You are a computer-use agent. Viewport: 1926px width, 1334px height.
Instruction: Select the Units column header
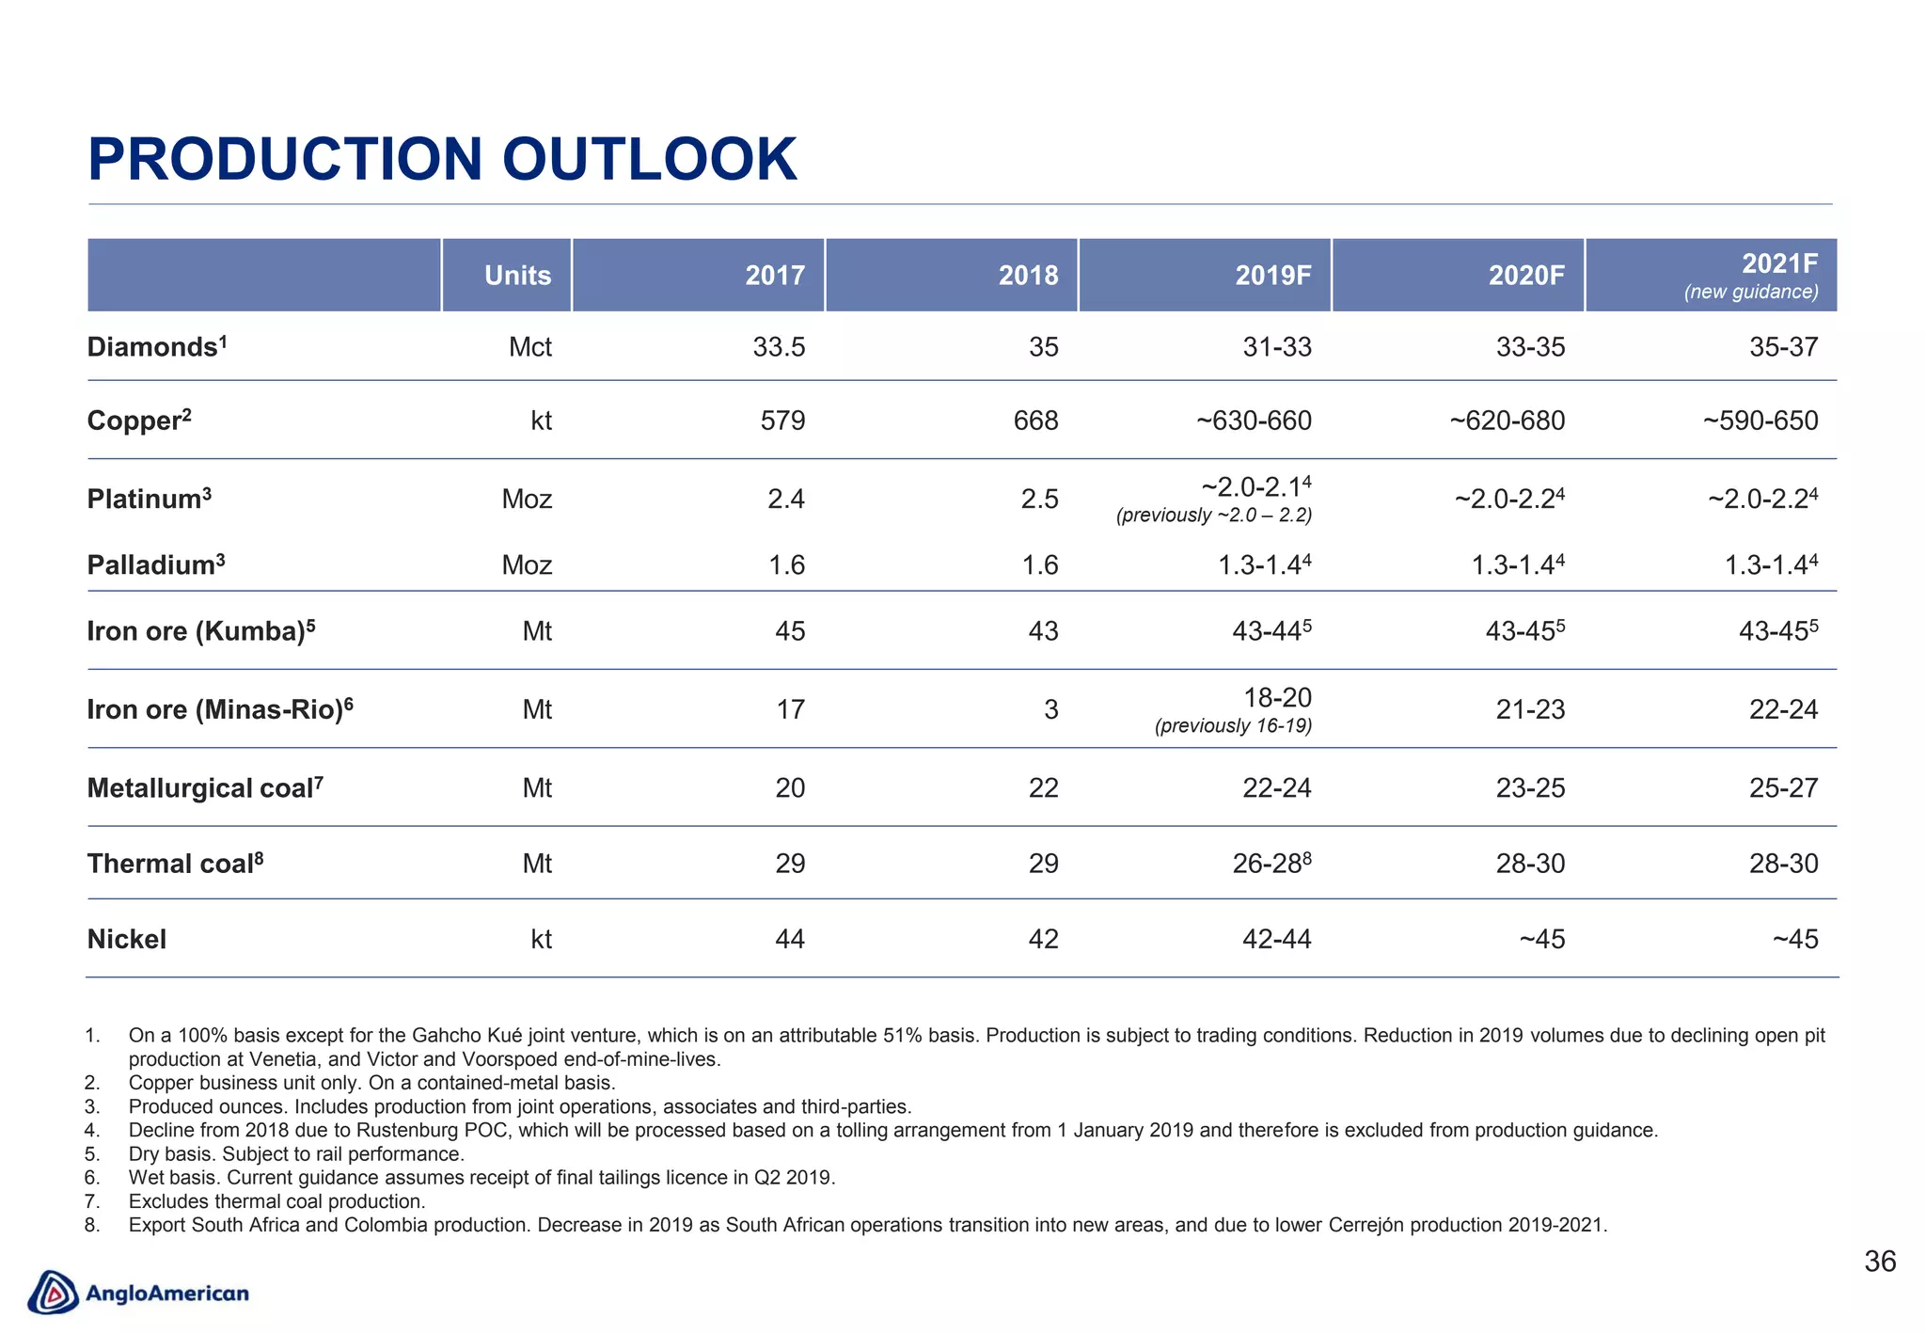point(517,276)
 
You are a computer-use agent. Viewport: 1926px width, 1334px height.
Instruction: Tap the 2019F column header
point(1273,276)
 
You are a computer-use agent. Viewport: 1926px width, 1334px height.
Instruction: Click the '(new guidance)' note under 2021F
point(1751,293)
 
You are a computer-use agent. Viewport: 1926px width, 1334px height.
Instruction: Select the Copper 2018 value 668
point(1035,421)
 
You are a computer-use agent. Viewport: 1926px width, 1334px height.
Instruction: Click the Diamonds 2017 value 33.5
point(779,347)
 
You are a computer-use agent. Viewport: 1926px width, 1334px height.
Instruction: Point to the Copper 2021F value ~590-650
point(1760,421)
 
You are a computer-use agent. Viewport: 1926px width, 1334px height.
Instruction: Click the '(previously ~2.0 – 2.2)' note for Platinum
point(1213,516)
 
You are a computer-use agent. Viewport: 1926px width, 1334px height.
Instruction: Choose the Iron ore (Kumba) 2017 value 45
point(790,631)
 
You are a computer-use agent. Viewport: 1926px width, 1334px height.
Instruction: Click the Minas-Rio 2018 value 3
point(1050,709)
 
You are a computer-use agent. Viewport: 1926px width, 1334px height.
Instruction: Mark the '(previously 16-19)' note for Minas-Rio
point(1233,726)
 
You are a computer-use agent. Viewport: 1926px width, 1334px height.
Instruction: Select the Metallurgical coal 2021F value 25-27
point(1783,788)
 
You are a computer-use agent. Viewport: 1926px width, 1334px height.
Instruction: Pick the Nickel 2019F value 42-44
point(1276,939)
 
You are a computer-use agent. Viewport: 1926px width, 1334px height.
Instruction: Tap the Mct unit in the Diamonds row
point(529,347)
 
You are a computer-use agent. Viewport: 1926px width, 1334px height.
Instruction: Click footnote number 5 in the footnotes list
point(91,1154)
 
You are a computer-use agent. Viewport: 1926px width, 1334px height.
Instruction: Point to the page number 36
point(1879,1262)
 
